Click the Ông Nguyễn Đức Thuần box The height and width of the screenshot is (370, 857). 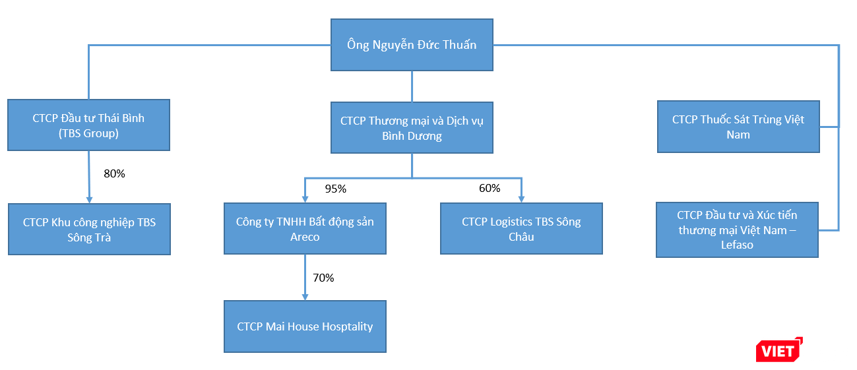(412, 45)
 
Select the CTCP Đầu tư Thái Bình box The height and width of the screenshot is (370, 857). (88, 125)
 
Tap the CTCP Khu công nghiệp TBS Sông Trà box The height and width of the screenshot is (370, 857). (89, 230)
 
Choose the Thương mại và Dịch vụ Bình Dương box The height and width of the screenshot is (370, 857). (412, 128)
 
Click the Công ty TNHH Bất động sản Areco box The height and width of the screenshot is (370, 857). (305, 229)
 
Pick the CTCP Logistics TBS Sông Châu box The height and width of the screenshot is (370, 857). (521, 229)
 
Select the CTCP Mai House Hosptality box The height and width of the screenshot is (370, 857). (305, 326)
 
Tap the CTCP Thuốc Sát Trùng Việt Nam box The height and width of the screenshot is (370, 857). (738, 127)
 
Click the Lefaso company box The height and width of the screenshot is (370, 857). (737, 230)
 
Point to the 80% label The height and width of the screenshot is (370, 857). (114, 174)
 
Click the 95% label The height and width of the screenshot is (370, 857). (335, 189)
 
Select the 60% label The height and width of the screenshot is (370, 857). (489, 189)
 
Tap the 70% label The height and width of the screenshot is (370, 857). (323, 278)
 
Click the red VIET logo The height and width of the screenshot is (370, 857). (779, 350)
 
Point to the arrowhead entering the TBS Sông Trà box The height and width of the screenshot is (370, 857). (88, 199)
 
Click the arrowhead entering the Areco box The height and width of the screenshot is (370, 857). (305, 199)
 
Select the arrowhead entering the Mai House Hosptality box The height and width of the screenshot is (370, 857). (305, 296)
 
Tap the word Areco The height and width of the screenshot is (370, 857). (305, 237)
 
